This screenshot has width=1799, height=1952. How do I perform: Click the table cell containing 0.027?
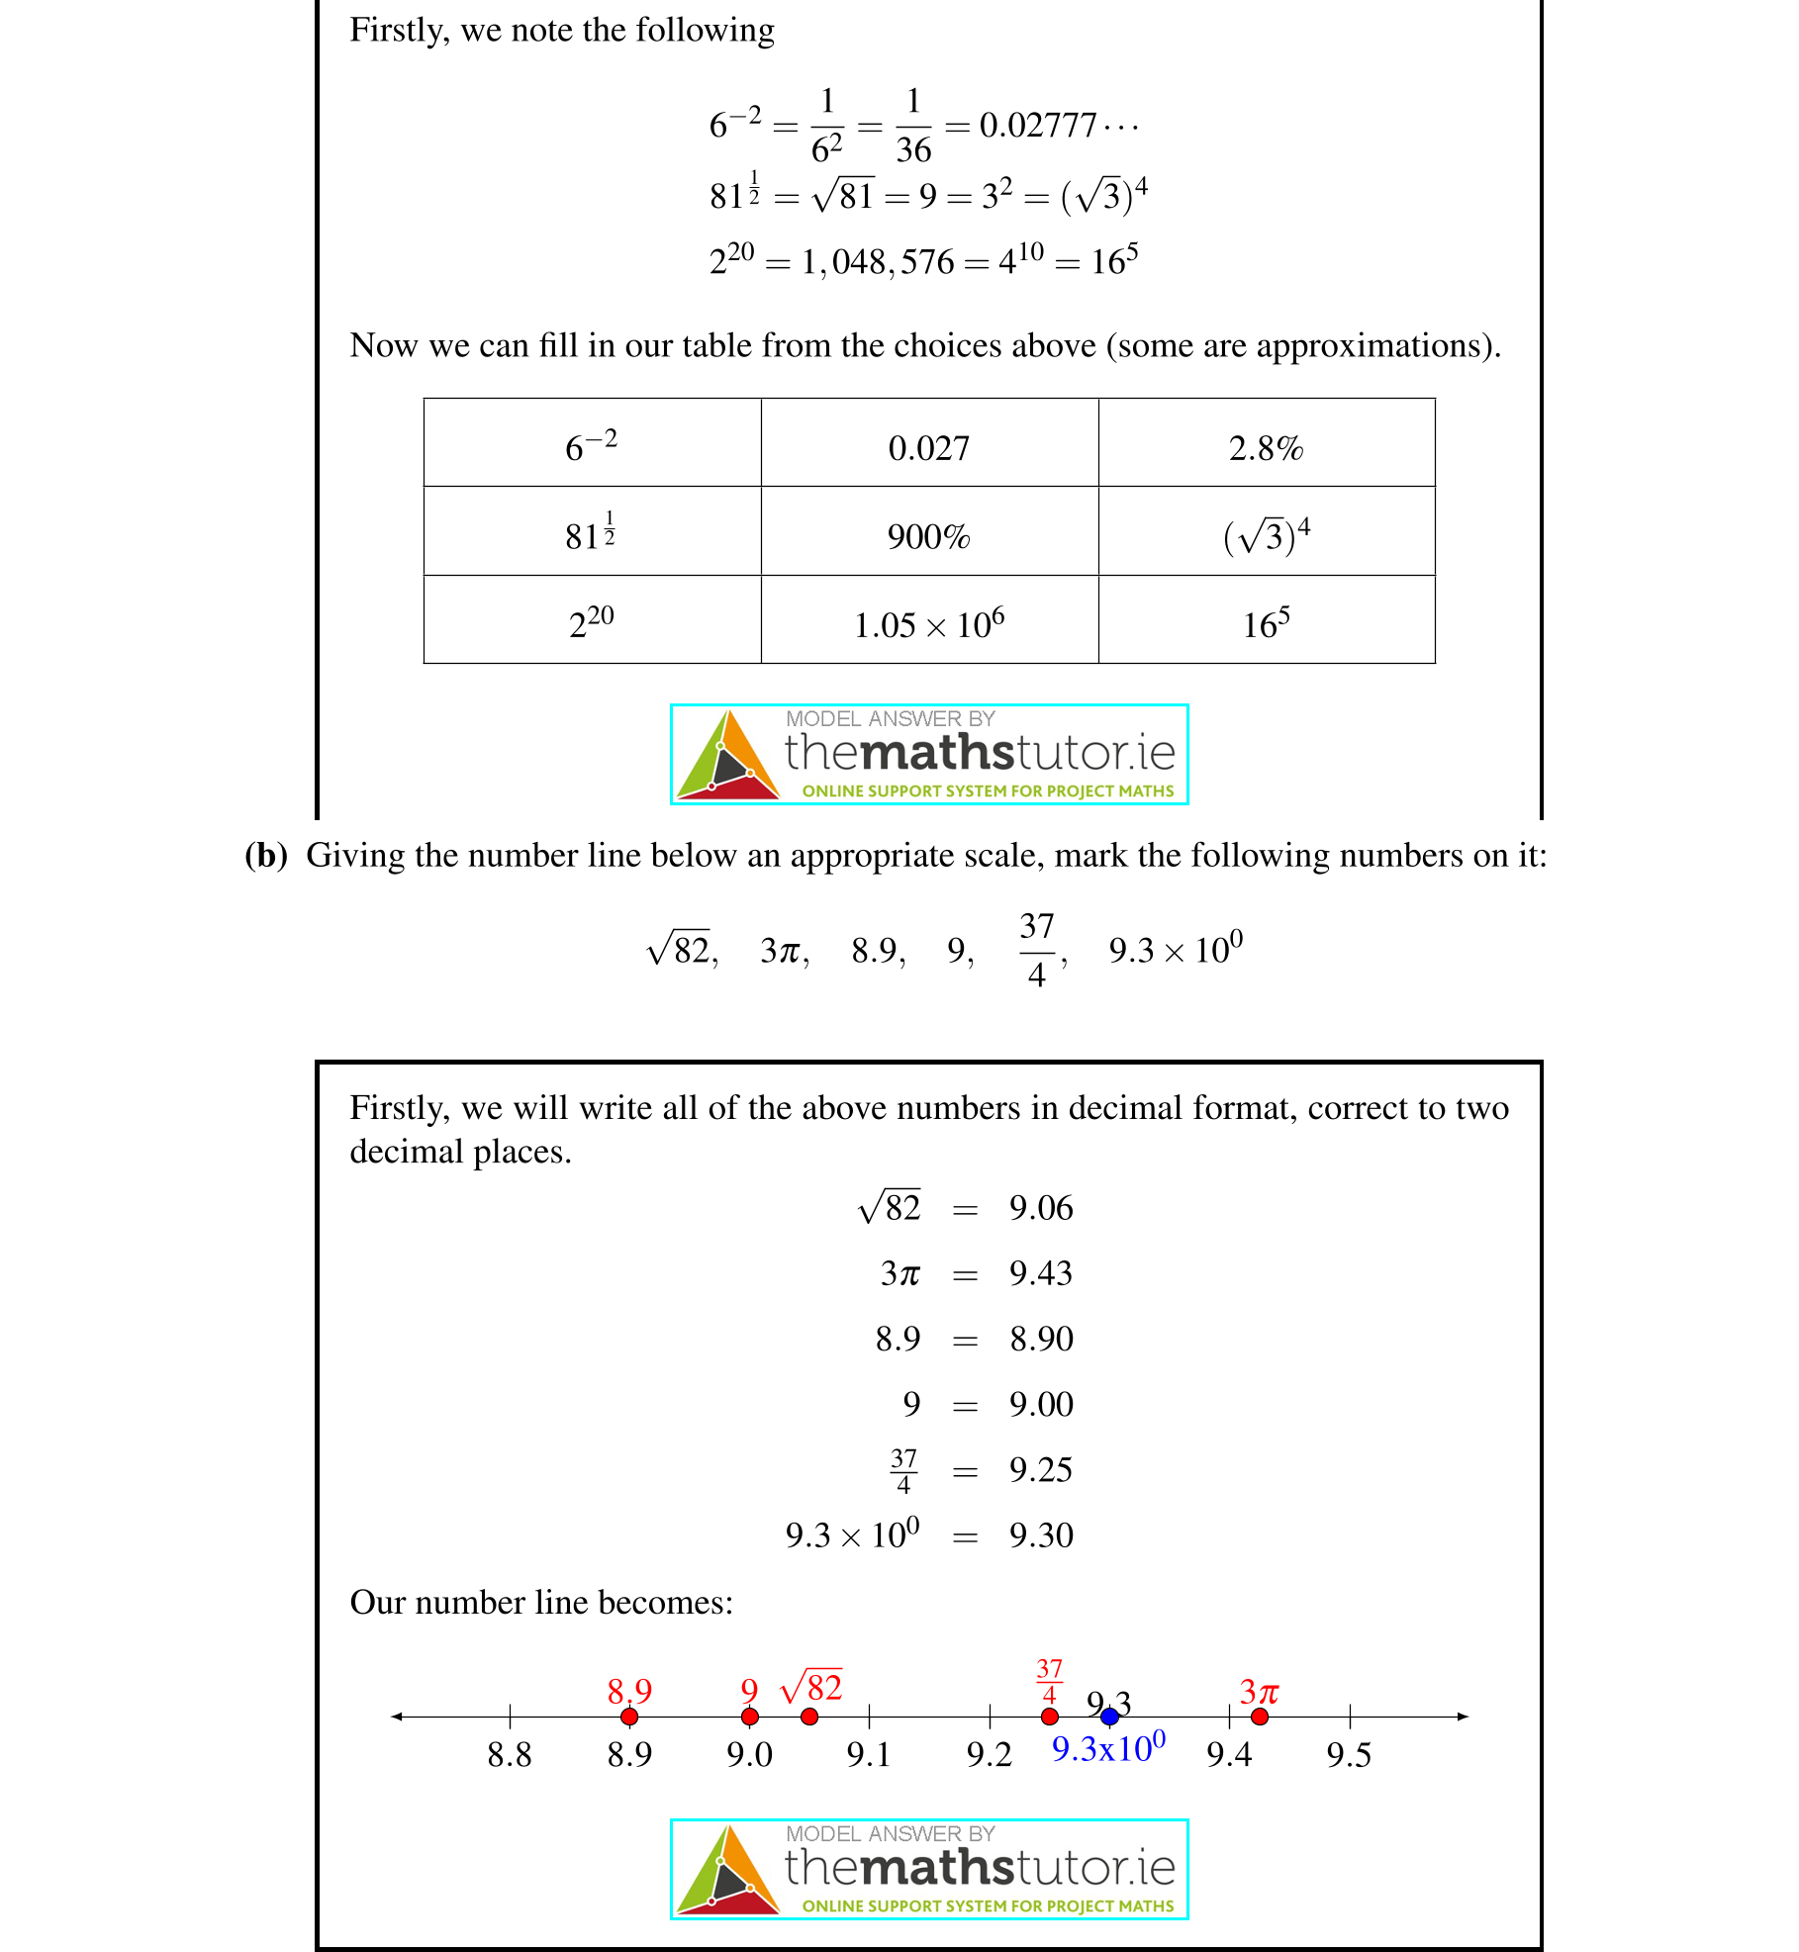928,448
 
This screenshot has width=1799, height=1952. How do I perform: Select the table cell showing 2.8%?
1266,448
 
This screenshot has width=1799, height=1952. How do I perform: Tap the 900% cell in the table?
928,536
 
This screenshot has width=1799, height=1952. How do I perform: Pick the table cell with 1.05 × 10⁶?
928,624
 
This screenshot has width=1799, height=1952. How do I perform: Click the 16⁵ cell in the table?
1266,624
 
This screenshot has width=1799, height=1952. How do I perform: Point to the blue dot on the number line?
1109,1717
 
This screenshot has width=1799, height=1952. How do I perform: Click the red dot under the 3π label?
1259,1717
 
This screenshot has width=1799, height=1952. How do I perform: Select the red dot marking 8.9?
629,1717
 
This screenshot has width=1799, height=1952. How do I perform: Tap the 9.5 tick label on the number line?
1349,1755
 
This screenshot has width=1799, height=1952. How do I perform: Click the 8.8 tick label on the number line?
510,1755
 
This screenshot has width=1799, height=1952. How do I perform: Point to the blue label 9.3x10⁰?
1107,1748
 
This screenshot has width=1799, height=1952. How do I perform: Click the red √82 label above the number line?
811,1687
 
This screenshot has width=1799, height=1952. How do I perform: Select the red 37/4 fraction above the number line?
1049,1681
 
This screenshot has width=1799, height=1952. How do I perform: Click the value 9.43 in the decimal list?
1040,1273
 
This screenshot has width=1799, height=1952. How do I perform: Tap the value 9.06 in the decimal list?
1040,1208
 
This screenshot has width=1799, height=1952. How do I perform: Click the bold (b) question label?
265,855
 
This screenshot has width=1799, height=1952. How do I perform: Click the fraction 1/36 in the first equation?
913,126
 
